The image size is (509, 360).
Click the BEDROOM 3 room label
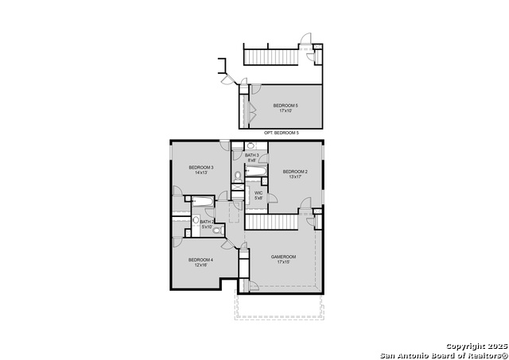(x=200, y=167)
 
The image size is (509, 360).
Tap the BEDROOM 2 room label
(x=295, y=172)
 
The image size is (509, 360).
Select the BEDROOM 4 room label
(x=200, y=260)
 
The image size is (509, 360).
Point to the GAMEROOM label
(x=283, y=257)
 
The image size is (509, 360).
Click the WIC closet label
(x=258, y=192)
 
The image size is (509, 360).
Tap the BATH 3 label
(x=252, y=155)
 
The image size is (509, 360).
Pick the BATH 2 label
(x=206, y=222)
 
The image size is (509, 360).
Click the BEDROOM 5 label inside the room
(x=286, y=106)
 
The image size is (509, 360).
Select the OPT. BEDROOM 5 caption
(x=282, y=133)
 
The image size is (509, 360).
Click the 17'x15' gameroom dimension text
(x=283, y=262)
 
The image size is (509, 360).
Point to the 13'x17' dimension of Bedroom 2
(x=295, y=177)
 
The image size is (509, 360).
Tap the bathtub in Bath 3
(x=256, y=170)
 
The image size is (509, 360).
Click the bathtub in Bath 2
(x=203, y=201)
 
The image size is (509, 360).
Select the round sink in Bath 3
(x=250, y=146)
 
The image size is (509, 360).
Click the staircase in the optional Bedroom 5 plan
(x=270, y=56)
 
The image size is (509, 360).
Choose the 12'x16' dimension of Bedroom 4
(x=200, y=265)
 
